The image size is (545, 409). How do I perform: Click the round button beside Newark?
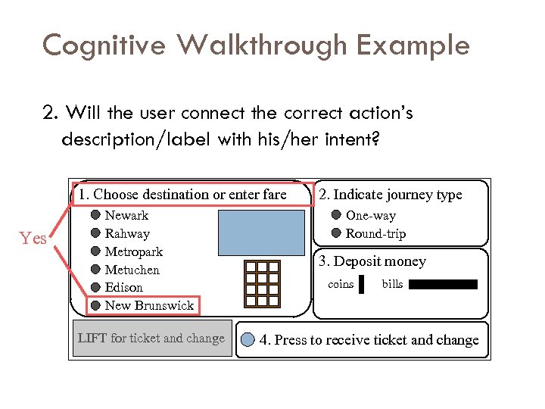pyautogui.click(x=96, y=216)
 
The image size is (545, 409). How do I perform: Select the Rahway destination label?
pyautogui.click(x=127, y=233)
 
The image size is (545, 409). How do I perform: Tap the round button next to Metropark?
pyautogui.click(x=96, y=251)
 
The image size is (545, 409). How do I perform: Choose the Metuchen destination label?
pyautogui.click(x=133, y=270)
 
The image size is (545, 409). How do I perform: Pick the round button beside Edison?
pyautogui.click(x=96, y=287)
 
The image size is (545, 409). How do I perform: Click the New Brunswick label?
pyautogui.click(x=149, y=305)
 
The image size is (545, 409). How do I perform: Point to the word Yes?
pyautogui.click(x=34, y=239)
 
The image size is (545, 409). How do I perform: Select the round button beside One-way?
pyautogui.click(x=337, y=216)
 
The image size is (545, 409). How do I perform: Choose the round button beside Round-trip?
pyautogui.click(x=337, y=233)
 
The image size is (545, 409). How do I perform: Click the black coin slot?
pyautogui.click(x=362, y=285)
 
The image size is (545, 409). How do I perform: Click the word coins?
pyautogui.click(x=341, y=284)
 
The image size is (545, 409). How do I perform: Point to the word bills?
pyautogui.click(x=392, y=284)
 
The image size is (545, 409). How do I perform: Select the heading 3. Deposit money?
pyautogui.click(x=372, y=261)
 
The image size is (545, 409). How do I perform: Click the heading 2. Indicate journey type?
pyautogui.click(x=391, y=195)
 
